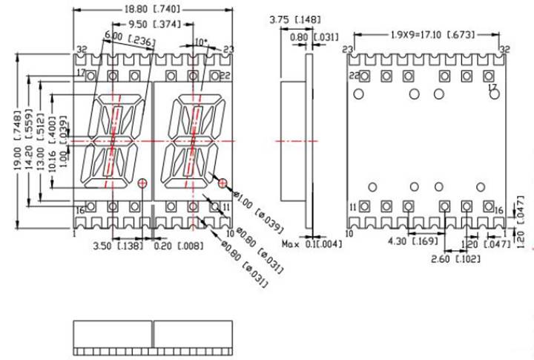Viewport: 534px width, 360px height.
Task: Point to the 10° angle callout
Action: point(201,42)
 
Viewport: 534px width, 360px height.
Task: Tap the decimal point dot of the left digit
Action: point(142,182)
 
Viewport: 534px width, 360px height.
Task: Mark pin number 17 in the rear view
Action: point(491,87)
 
